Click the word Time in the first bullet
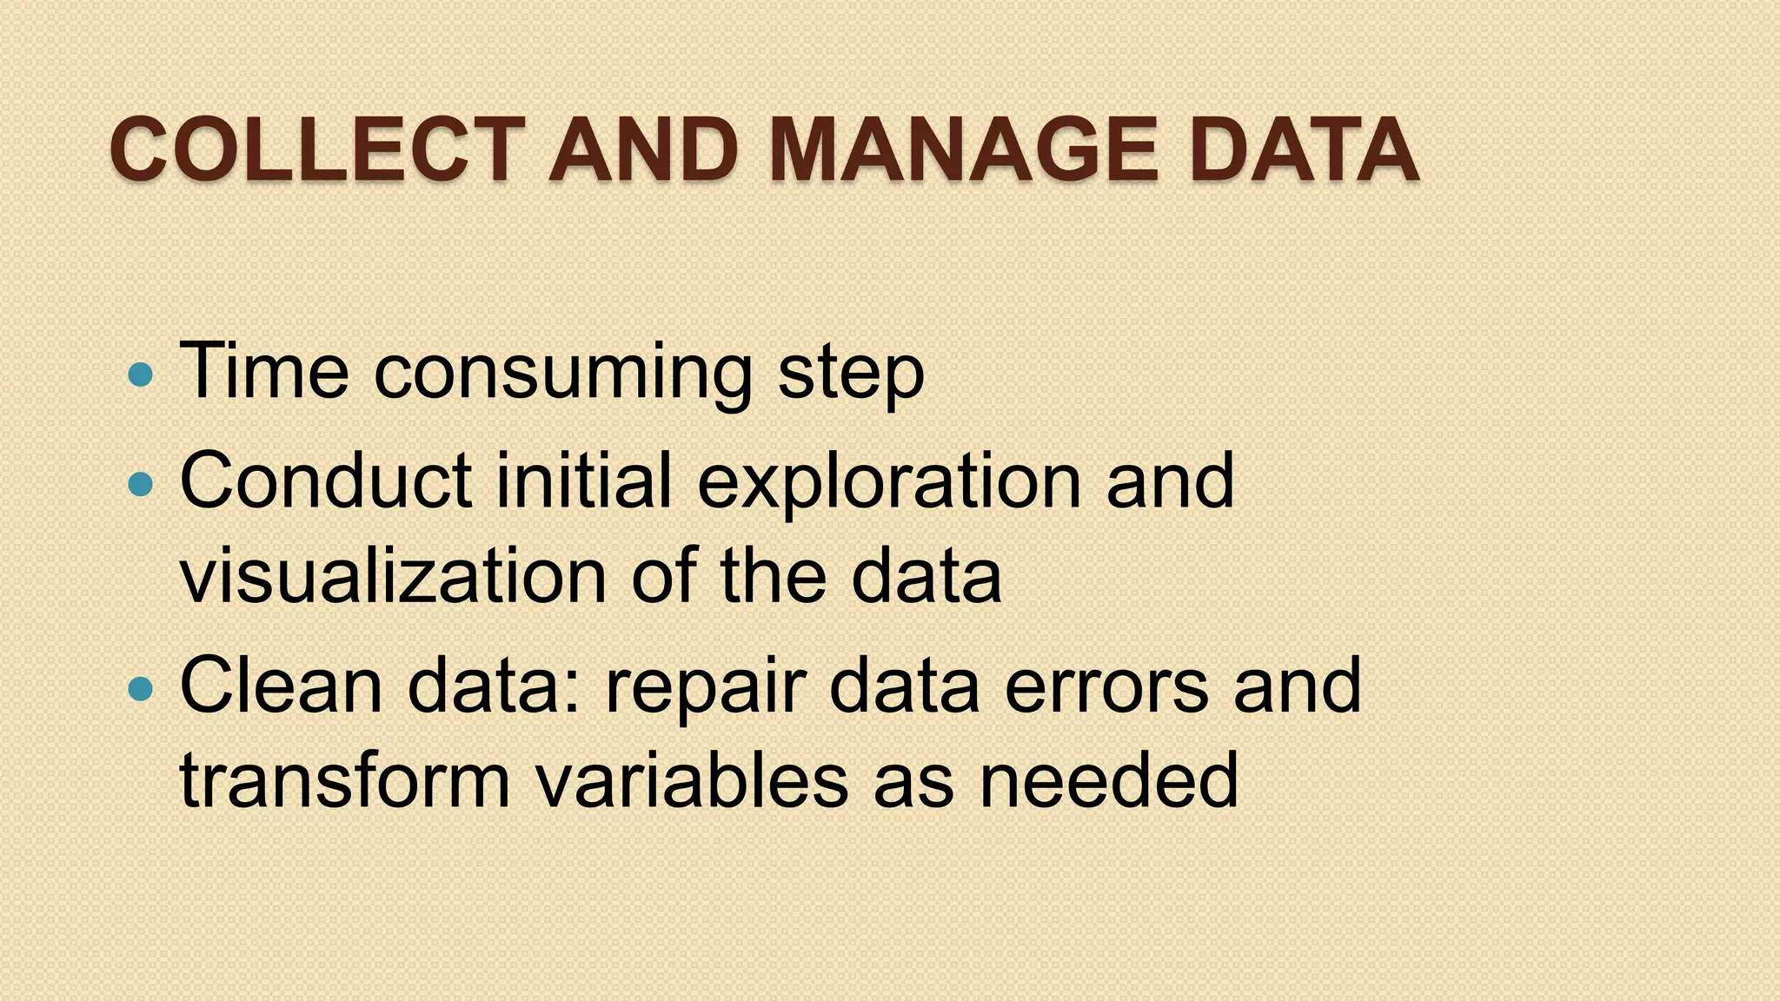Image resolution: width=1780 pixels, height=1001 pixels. pos(264,371)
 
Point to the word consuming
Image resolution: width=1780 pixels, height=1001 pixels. pos(562,374)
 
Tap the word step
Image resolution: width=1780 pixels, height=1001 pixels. pos(851,374)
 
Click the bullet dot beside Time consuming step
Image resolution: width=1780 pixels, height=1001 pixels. pos(139,375)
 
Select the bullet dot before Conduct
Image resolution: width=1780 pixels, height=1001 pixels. pos(139,483)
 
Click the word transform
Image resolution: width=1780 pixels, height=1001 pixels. pos(344,780)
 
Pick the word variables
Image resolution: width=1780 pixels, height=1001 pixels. pos(691,780)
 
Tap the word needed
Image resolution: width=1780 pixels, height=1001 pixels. pos(1108,780)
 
